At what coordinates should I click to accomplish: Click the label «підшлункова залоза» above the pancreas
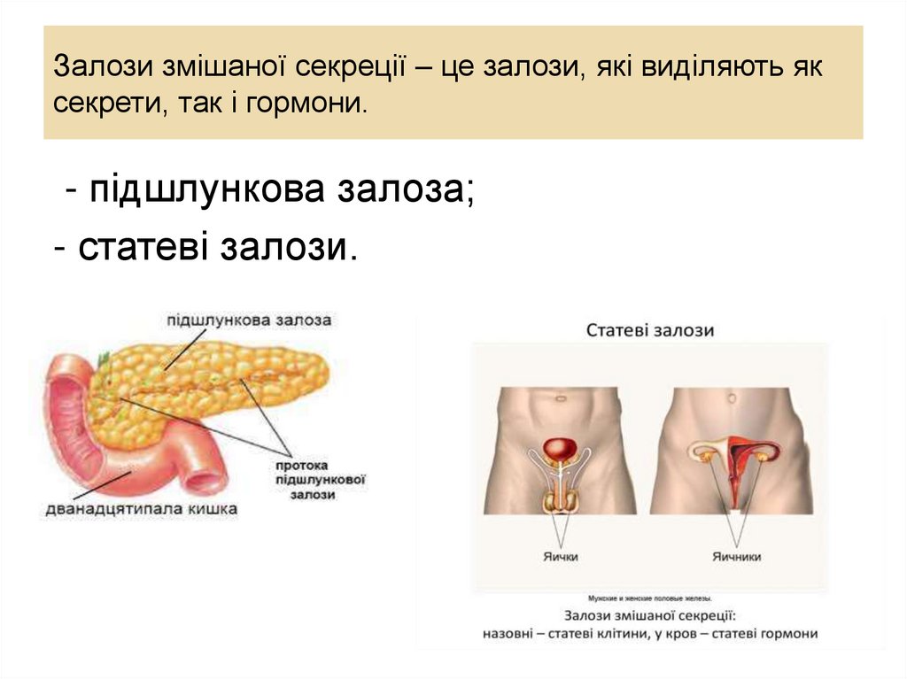tap(247, 320)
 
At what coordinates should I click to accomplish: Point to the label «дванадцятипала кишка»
tap(142, 509)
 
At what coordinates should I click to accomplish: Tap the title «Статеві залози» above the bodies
tap(649, 330)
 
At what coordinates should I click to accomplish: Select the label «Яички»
tap(560, 557)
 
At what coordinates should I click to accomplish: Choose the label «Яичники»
tap(736, 557)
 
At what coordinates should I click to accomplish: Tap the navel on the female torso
tap(734, 397)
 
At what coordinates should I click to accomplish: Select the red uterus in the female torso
tap(735, 456)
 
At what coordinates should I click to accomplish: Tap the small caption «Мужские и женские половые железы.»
tap(649, 598)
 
